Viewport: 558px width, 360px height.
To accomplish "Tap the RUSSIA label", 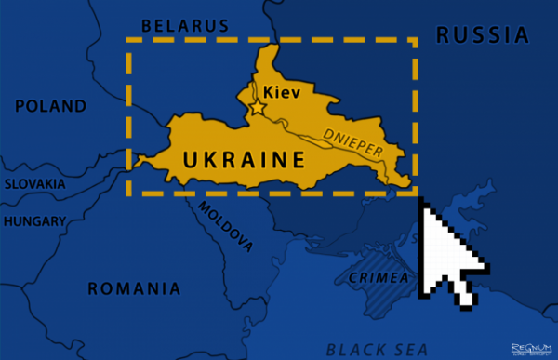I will click(x=482, y=35).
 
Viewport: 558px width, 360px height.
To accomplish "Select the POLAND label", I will click(x=49, y=106).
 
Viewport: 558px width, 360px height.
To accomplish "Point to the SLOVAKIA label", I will click(x=34, y=183).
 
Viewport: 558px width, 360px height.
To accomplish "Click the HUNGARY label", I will click(x=34, y=221).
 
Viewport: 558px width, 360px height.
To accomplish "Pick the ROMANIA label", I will click(x=134, y=288).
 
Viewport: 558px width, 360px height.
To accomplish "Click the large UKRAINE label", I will click(x=244, y=159).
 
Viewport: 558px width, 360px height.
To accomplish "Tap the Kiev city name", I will click(x=282, y=92).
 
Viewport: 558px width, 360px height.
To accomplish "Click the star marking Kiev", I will click(x=257, y=109).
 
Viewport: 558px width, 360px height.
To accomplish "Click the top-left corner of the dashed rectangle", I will click(x=129, y=41).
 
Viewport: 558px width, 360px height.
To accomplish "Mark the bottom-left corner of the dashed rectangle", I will click(x=129, y=194).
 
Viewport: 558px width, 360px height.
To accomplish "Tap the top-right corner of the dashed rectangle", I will click(x=416, y=41).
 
